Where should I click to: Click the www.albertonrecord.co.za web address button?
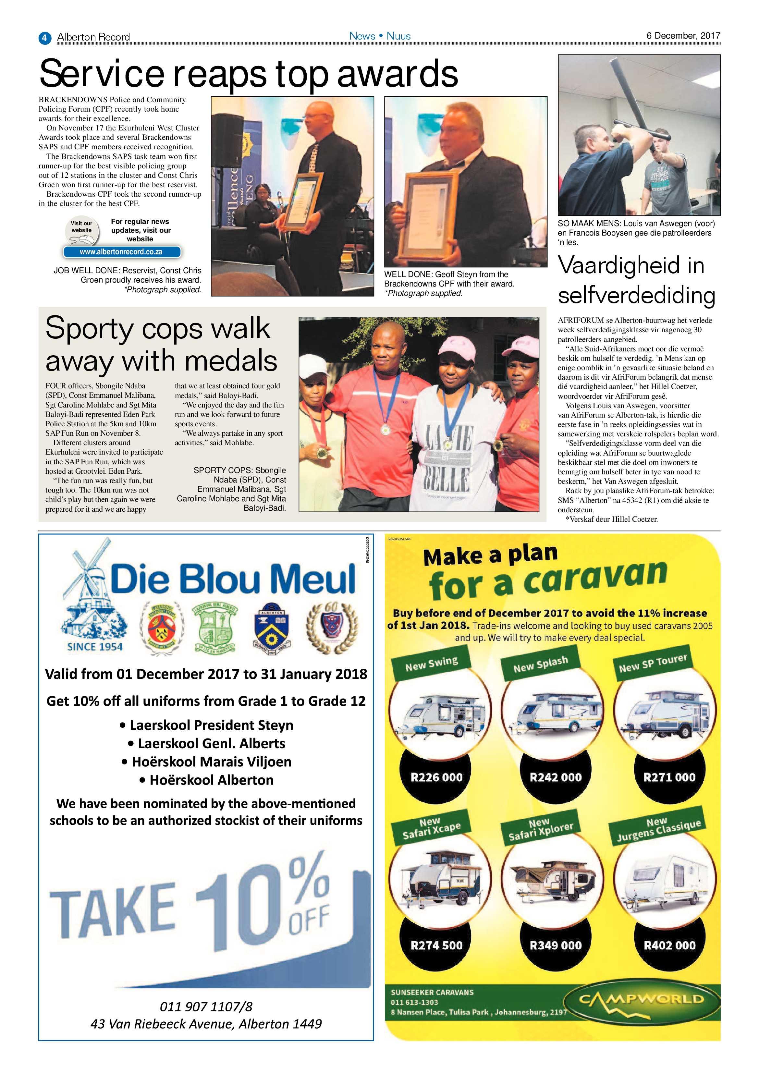(x=121, y=252)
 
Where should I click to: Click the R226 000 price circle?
(x=436, y=777)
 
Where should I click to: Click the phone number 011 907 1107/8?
(x=206, y=1006)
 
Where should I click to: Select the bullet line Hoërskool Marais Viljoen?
(x=206, y=762)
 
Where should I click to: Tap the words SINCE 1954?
(x=95, y=647)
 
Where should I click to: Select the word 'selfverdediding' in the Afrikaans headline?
(x=636, y=295)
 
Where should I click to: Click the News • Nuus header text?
(x=380, y=36)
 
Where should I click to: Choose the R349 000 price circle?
(x=555, y=945)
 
